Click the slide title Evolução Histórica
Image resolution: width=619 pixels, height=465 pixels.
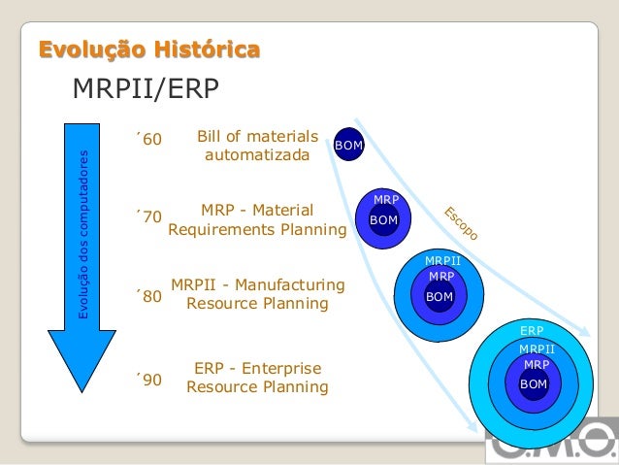tap(148, 50)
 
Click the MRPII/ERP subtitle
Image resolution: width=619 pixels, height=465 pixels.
tap(147, 89)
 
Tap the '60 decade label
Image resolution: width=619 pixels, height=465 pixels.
tap(149, 143)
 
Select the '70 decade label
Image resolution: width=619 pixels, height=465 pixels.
tap(149, 216)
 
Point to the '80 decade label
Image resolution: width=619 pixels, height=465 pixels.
tap(149, 295)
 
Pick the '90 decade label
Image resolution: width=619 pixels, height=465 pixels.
tap(149, 379)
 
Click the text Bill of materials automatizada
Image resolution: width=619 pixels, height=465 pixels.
tap(257, 146)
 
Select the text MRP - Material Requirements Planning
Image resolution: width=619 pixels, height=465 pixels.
tap(257, 220)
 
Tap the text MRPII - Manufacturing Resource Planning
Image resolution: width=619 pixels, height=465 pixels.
tap(257, 294)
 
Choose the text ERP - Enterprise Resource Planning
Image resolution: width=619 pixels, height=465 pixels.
tap(257, 378)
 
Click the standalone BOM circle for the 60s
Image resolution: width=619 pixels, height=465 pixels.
tap(348, 146)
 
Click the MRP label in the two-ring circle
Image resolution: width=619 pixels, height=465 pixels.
tap(386, 200)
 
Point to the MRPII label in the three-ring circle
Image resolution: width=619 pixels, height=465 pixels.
tap(442, 261)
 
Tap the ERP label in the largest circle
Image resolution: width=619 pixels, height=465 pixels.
tap(532, 331)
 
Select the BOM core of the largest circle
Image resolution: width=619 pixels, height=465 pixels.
tap(534, 384)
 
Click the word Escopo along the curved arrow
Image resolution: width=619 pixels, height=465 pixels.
tap(461, 224)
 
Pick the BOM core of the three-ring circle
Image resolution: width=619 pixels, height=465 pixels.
tap(440, 296)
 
